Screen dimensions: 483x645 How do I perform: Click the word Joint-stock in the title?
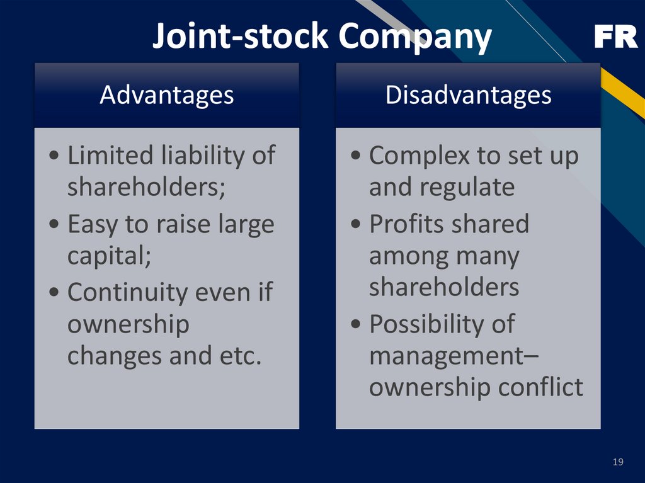tap(240, 37)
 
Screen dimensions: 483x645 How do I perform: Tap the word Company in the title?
tap(415, 37)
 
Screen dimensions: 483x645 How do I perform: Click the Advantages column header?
tap(166, 95)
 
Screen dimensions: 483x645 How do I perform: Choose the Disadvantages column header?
tap(468, 95)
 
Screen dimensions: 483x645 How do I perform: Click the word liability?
tap(202, 156)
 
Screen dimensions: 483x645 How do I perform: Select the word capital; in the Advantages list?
tap(109, 256)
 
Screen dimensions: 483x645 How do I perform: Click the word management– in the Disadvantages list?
tap(454, 356)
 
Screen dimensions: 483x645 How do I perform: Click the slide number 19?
tap(618, 463)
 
